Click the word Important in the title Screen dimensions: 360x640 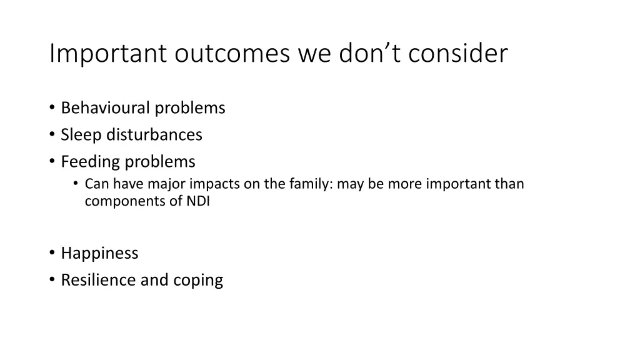pyautogui.click(x=108, y=54)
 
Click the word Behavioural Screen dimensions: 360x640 pyautogui.click(x=106, y=108)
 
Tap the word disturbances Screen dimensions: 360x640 pyautogui.click(x=154, y=135)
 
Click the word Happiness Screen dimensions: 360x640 pyautogui.click(x=99, y=253)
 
